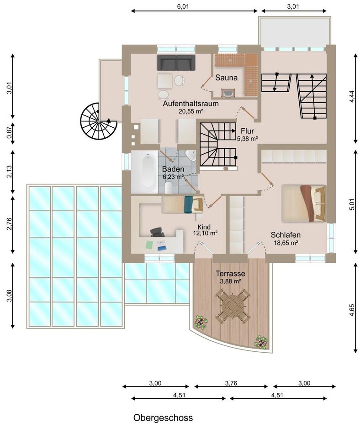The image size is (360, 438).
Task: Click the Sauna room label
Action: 226,78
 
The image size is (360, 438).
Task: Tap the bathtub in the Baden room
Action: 145,172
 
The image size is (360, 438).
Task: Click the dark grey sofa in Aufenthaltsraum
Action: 176,63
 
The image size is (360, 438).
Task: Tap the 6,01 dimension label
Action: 183,6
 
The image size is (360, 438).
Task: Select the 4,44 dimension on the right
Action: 352,97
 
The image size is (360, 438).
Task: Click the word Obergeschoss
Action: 163,417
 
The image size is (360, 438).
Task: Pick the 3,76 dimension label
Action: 231,383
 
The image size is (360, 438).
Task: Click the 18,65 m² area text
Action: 286,243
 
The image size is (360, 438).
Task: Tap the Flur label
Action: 247,131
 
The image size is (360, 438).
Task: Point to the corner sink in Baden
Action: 191,156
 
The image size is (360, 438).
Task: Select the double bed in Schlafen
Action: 303,203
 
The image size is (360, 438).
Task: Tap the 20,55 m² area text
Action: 191,111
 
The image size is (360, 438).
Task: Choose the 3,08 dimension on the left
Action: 10,295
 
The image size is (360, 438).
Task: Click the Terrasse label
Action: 231,273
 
